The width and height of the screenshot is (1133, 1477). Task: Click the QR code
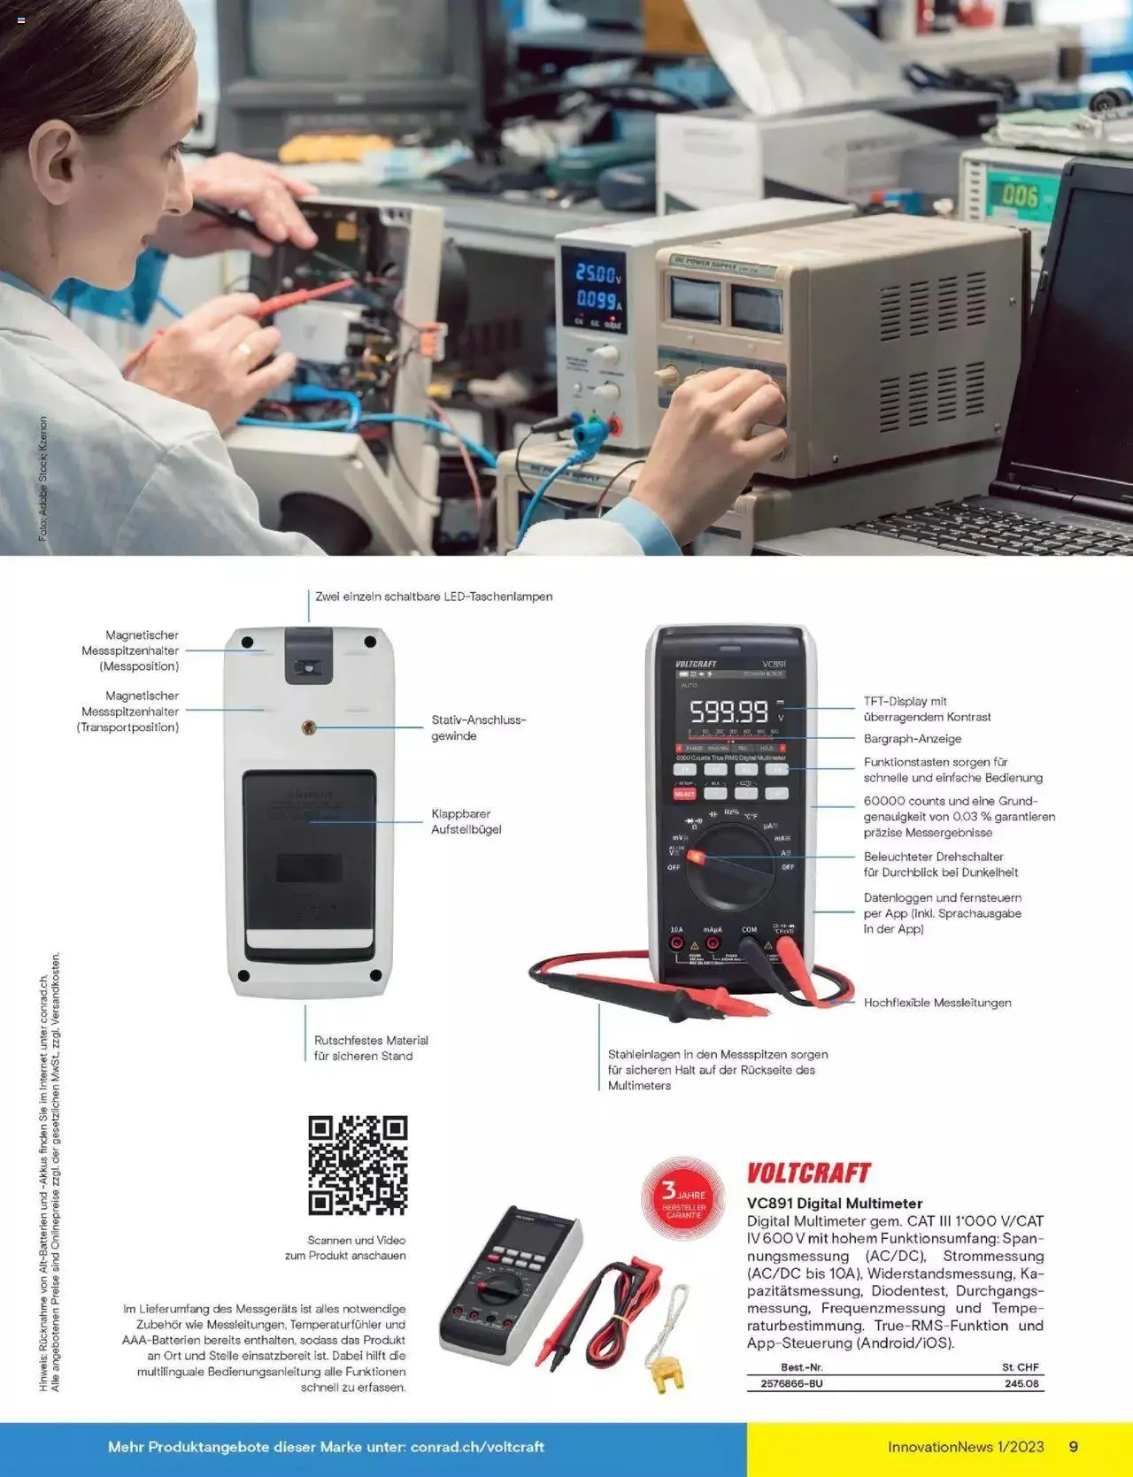click(x=358, y=1165)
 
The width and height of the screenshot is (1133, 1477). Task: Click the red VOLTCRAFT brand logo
click(x=809, y=1173)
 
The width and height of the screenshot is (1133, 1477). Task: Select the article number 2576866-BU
click(x=791, y=1383)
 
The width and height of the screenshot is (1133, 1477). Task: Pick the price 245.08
click(x=1021, y=1383)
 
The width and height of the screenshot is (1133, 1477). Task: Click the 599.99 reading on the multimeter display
click(x=728, y=712)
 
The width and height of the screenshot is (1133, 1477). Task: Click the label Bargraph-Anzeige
click(x=912, y=739)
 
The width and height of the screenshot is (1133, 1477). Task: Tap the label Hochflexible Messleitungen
click(x=936, y=1003)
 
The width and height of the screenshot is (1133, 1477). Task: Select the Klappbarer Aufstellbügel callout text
click(x=466, y=821)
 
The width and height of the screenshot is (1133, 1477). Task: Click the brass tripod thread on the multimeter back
click(x=308, y=728)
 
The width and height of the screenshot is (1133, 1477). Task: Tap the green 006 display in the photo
click(x=1019, y=196)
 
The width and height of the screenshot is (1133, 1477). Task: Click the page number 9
click(x=1074, y=1447)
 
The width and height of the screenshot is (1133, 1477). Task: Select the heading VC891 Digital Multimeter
click(x=835, y=1204)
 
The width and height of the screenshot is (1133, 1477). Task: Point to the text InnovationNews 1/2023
click(x=966, y=1447)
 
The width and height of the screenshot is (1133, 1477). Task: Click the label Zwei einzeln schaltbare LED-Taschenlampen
click(x=434, y=596)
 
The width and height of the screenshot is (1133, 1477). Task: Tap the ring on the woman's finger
click(x=242, y=350)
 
